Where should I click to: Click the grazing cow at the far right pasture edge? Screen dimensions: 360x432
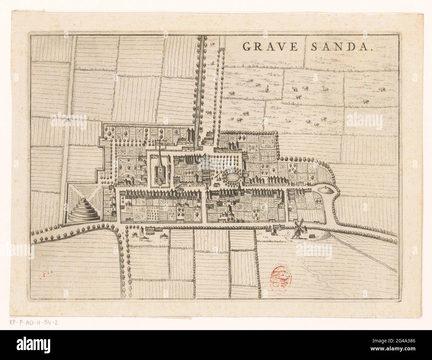click(x=393, y=89)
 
